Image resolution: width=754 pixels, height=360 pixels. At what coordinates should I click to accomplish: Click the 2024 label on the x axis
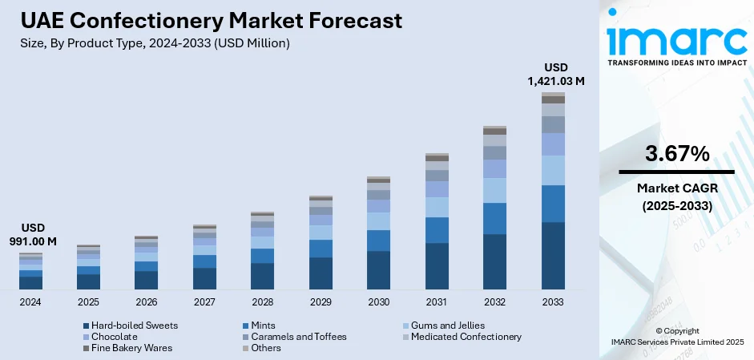[x=30, y=302]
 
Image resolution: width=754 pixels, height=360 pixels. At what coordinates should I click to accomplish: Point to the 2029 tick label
[x=321, y=302]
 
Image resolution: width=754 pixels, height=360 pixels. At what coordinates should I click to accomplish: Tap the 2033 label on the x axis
[x=553, y=302]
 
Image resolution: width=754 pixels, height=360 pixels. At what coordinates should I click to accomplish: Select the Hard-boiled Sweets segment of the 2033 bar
[x=553, y=255]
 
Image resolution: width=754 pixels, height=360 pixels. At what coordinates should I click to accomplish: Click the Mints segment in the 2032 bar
[x=494, y=218]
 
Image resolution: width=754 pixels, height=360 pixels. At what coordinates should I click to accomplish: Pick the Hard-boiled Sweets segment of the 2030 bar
[x=379, y=269]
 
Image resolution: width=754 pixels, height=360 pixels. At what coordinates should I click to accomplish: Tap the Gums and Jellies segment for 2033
[x=553, y=170]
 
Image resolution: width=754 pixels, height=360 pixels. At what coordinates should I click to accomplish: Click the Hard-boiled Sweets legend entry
[x=130, y=326]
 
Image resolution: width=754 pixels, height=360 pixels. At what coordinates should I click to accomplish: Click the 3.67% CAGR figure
[x=676, y=153]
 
